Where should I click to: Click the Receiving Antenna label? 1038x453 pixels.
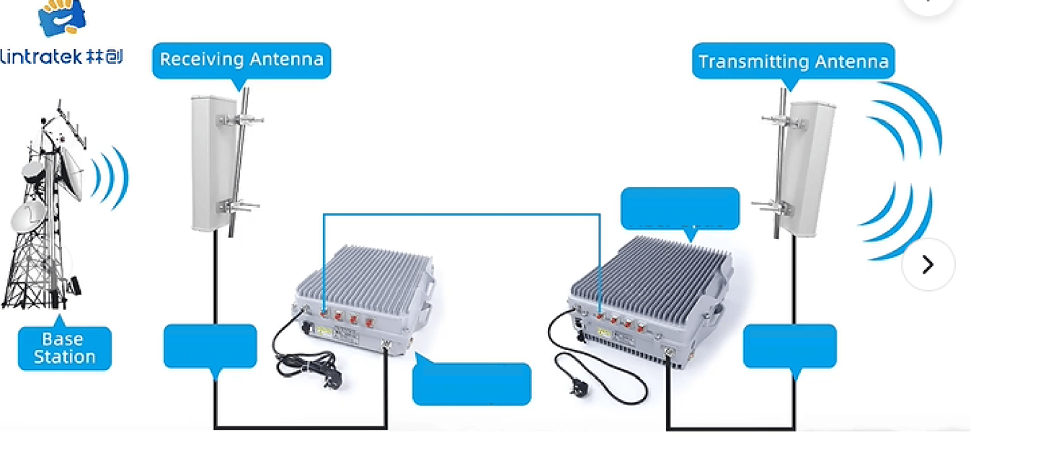[241, 59]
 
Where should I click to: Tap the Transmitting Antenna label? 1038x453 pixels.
[793, 61]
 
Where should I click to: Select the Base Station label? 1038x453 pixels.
[64, 349]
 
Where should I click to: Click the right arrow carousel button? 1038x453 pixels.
[928, 265]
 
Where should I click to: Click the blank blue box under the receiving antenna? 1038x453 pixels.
[210, 346]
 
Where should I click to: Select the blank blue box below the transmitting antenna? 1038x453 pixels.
[789, 346]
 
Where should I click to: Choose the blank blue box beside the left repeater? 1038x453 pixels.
[471, 384]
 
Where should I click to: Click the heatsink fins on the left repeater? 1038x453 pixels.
[368, 274]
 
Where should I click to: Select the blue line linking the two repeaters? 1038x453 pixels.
[461, 214]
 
